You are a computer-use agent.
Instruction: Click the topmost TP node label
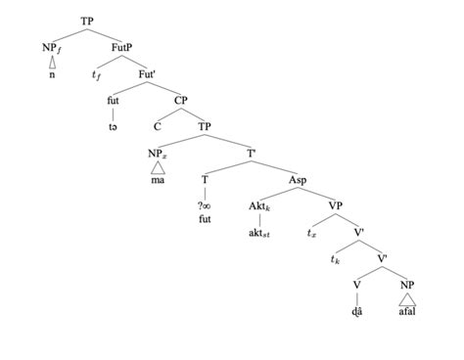pyautogui.click(x=88, y=19)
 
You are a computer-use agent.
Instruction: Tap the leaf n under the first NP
pyautogui.click(x=53, y=73)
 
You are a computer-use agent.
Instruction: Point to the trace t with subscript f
pyautogui.click(x=96, y=72)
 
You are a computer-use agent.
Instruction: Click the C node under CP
pyautogui.click(x=157, y=125)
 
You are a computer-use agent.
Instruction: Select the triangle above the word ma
pyautogui.click(x=157, y=167)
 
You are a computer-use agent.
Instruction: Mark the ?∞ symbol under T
pyautogui.click(x=206, y=206)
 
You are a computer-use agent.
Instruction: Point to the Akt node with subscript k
pyautogui.click(x=259, y=206)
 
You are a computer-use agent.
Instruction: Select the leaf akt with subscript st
pyautogui.click(x=259, y=233)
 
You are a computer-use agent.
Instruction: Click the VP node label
pyautogui.click(x=335, y=206)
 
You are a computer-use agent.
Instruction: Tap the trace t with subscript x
pyautogui.click(x=310, y=233)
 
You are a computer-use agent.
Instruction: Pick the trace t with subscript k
pyautogui.click(x=336, y=260)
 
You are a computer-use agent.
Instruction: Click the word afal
pyautogui.click(x=407, y=313)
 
